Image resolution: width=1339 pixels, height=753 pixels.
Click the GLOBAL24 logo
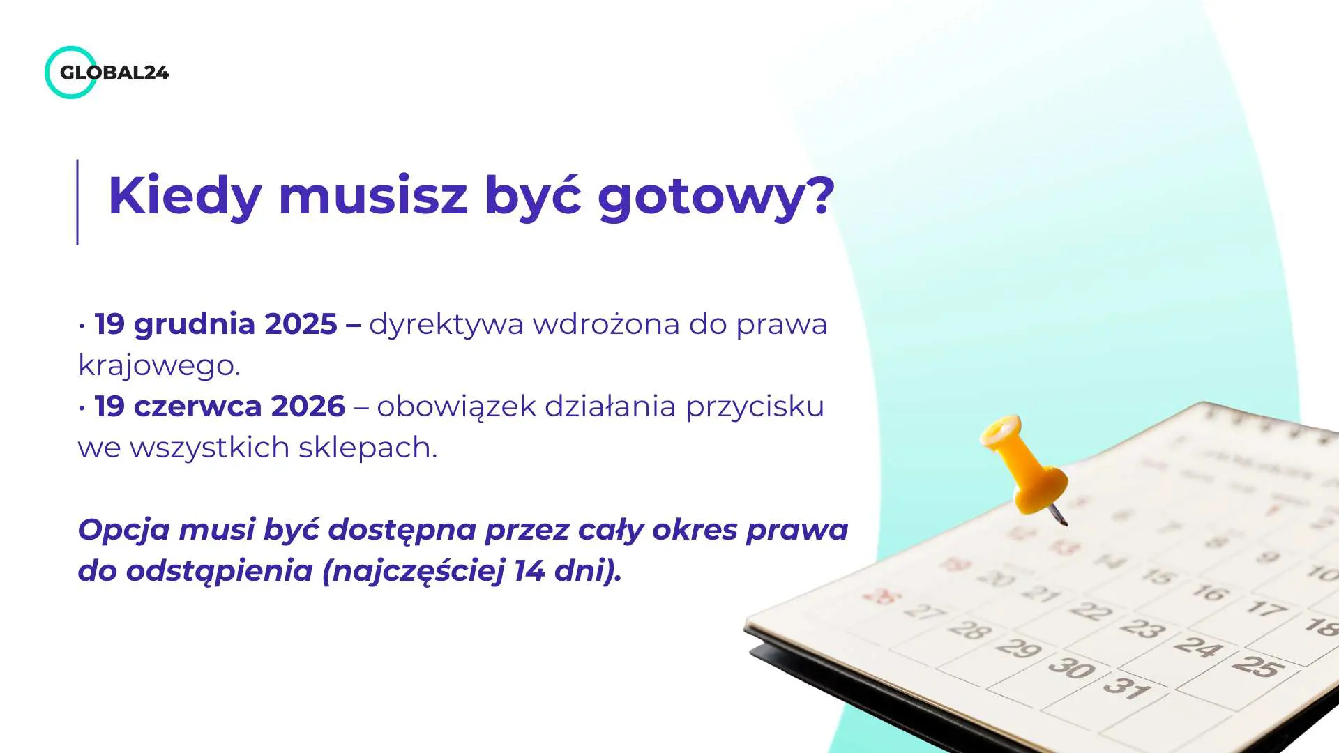click(107, 73)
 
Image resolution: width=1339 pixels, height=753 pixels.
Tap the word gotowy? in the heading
click(716, 197)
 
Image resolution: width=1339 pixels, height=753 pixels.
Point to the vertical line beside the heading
click(77, 202)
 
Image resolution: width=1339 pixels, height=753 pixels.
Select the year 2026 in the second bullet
click(308, 406)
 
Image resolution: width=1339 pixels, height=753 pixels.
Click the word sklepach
click(367, 448)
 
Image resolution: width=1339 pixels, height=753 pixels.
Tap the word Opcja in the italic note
click(123, 531)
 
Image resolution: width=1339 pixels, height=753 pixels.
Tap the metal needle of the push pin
click(1059, 517)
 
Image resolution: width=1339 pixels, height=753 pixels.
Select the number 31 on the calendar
click(1126, 687)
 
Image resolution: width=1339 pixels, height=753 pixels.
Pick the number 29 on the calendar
click(1018, 648)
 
